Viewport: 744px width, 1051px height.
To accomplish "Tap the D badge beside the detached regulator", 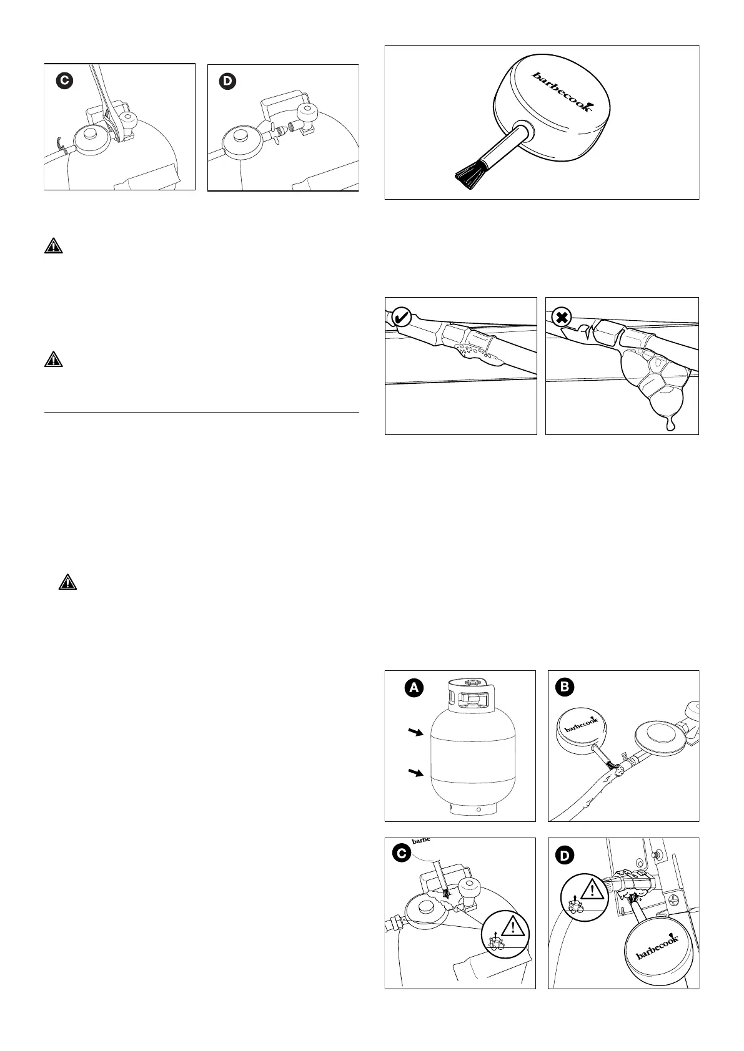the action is click(x=228, y=82).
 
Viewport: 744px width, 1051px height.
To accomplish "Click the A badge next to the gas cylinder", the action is click(x=413, y=688).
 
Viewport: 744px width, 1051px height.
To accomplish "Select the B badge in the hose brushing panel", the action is click(x=563, y=688).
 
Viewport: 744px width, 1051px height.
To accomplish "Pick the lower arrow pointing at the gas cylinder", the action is click(x=413, y=774).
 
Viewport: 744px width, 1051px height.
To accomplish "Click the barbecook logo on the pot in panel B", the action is click(x=581, y=726).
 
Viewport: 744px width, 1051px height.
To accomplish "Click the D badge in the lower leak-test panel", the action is click(x=564, y=855).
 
